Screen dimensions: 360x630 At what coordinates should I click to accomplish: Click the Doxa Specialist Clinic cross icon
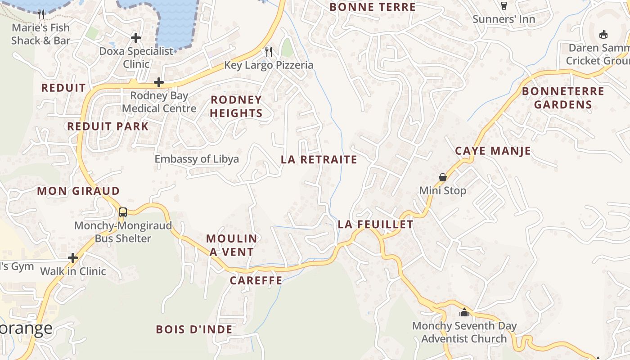tap(136, 38)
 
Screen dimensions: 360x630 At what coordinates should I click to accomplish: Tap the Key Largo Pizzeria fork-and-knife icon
tap(269, 51)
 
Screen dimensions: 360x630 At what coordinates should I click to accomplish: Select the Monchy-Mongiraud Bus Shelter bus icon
tap(123, 212)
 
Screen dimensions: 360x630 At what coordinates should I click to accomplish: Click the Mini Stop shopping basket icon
tap(443, 177)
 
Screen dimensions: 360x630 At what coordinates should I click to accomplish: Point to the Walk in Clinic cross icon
tap(73, 258)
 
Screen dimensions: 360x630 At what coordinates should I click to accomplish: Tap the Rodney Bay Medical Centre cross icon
tap(159, 82)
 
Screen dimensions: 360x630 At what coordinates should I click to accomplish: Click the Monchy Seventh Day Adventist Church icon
tap(464, 312)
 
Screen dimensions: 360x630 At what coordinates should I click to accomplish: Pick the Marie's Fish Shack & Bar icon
tap(41, 14)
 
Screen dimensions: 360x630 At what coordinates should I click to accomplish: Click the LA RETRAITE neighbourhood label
tap(319, 160)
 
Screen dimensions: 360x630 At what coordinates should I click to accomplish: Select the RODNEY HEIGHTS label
tap(236, 106)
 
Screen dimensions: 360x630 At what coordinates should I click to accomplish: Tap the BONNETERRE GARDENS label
tap(562, 98)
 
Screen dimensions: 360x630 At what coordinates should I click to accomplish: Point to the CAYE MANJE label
tap(493, 151)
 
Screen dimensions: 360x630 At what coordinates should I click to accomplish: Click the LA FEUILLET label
tap(375, 225)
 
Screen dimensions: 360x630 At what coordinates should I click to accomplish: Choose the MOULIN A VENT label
tap(232, 245)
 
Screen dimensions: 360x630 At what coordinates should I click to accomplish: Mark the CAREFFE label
tap(256, 281)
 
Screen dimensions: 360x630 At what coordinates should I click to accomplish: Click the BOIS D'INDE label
tap(194, 329)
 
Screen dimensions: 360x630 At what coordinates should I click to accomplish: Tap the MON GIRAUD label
tap(78, 191)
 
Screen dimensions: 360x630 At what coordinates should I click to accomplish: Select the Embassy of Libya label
tap(197, 159)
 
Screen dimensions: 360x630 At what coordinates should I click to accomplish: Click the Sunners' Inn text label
tap(504, 19)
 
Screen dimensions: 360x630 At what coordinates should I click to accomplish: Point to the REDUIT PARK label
tap(108, 126)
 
